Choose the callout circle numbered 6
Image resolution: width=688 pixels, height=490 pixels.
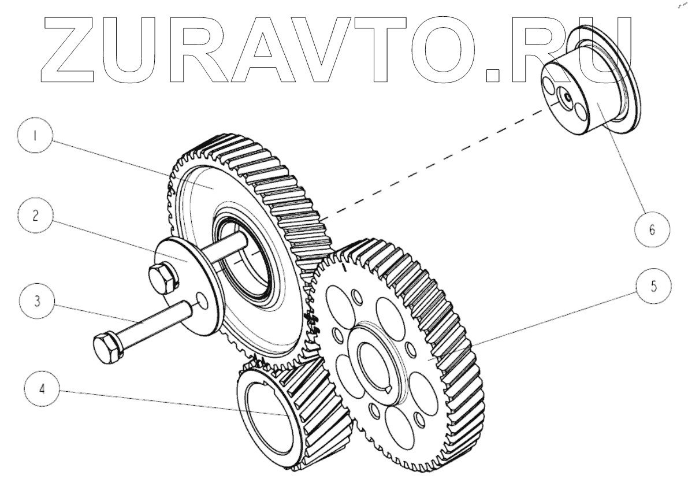point(652,229)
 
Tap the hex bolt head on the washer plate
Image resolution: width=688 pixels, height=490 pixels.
point(164,277)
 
